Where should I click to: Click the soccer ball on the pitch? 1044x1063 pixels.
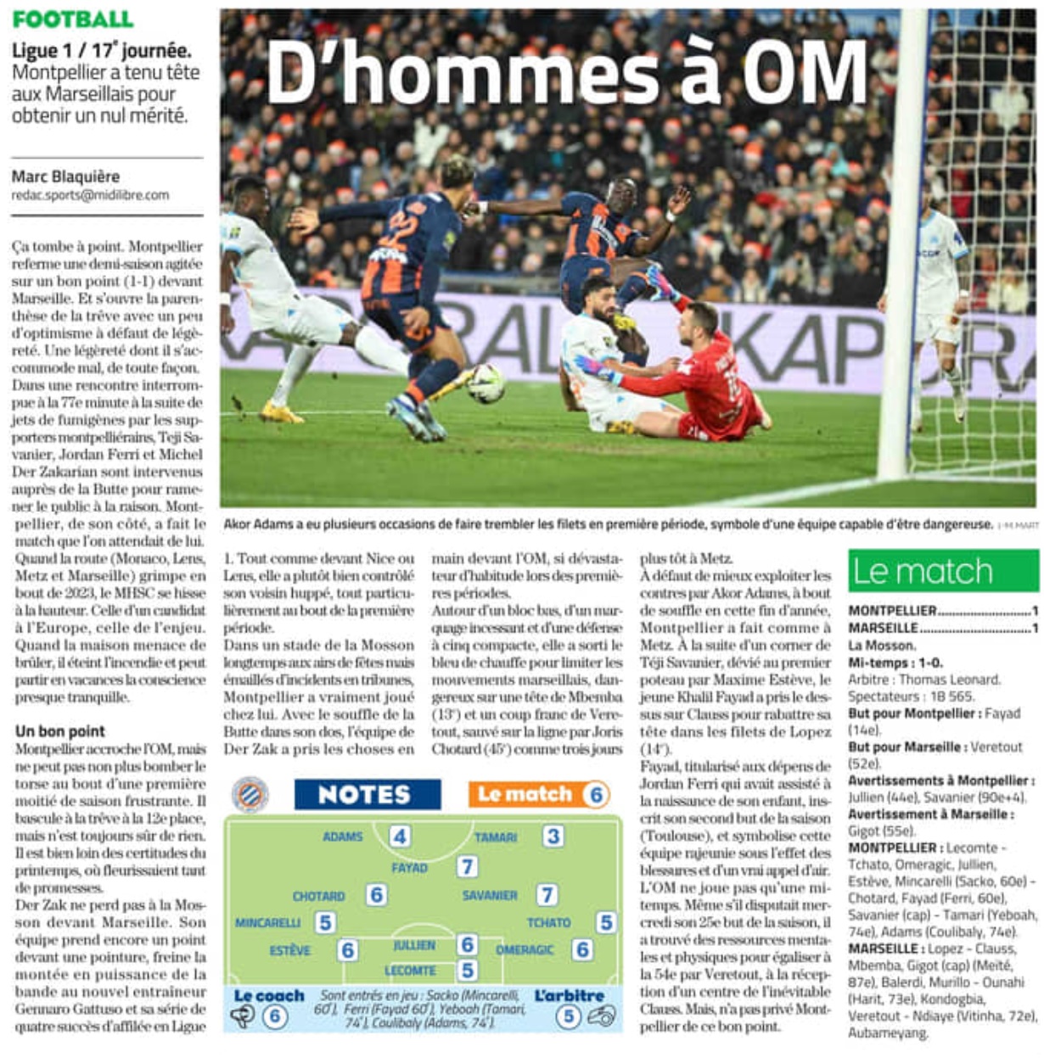pos(486,383)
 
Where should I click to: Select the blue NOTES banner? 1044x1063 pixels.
pos(367,795)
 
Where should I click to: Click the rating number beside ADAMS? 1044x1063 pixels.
pos(399,836)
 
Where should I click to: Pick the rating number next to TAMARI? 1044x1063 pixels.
pos(553,836)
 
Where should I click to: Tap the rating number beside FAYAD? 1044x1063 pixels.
pos(467,867)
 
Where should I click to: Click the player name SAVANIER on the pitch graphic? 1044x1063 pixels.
pos(490,895)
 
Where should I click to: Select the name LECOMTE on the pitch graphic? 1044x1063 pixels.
pos(410,971)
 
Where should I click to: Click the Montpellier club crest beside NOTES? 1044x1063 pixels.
pos(250,796)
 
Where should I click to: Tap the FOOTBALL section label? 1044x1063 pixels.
pos(73,19)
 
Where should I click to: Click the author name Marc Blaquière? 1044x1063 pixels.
pos(65,176)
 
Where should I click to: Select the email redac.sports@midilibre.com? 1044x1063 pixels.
pos(90,195)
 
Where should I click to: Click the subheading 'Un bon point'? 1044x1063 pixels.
pos(60,731)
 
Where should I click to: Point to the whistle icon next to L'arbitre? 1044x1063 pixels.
pos(601,1015)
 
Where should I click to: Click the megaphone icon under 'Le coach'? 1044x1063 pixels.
pos(244,1015)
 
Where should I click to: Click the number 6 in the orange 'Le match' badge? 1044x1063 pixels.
pos(596,795)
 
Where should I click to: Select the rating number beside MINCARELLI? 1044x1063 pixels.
pos(325,922)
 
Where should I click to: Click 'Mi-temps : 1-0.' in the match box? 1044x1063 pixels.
pos(895,663)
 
